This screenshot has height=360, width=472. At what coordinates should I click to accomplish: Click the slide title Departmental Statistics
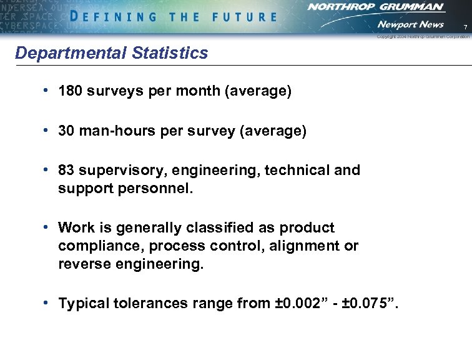[x=111, y=53]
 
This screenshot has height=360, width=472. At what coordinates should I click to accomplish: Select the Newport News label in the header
[x=410, y=24]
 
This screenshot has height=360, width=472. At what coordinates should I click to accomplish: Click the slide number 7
[x=465, y=26]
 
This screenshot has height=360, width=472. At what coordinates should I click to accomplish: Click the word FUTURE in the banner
[x=243, y=17]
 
